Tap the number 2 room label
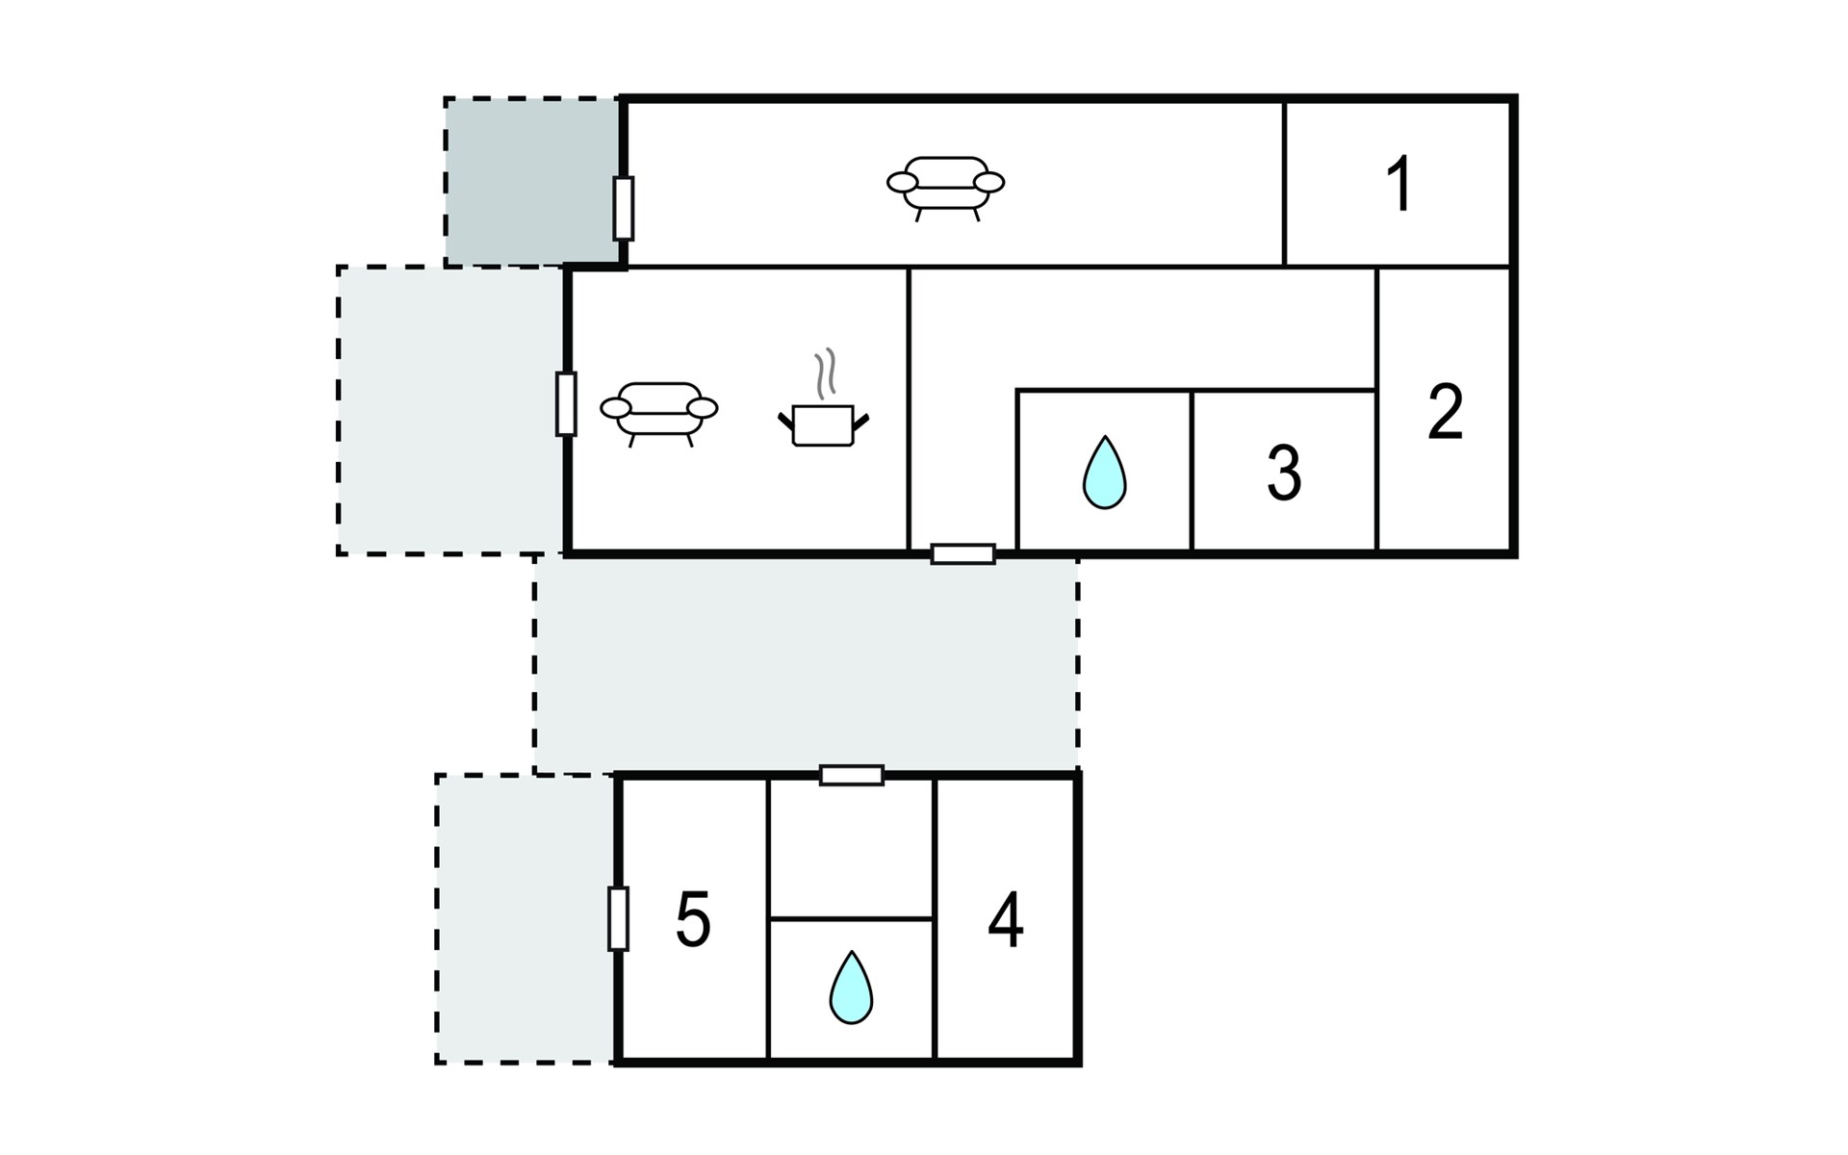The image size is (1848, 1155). pyautogui.click(x=1445, y=412)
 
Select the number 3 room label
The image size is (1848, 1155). pyautogui.click(x=1284, y=473)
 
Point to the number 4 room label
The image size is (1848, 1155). pyautogui.click(x=1006, y=920)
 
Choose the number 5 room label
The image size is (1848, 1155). pyautogui.click(x=693, y=920)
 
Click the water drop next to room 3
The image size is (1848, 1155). pyautogui.click(x=1104, y=473)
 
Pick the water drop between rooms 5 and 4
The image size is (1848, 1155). pyautogui.click(x=851, y=988)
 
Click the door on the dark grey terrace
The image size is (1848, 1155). pyautogui.click(x=624, y=208)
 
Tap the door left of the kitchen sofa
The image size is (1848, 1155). pyautogui.click(x=566, y=403)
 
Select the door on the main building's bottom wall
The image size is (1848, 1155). pyautogui.click(x=962, y=554)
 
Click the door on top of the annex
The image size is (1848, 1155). pyautogui.click(x=852, y=775)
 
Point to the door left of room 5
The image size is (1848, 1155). pyautogui.click(x=619, y=919)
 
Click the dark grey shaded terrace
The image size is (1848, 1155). pyautogui.click(x=532, y=181)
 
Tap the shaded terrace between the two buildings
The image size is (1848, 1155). pyautogui.click(x=807, y=664)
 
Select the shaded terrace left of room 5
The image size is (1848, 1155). pyautogui.click(x=526, y=919)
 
